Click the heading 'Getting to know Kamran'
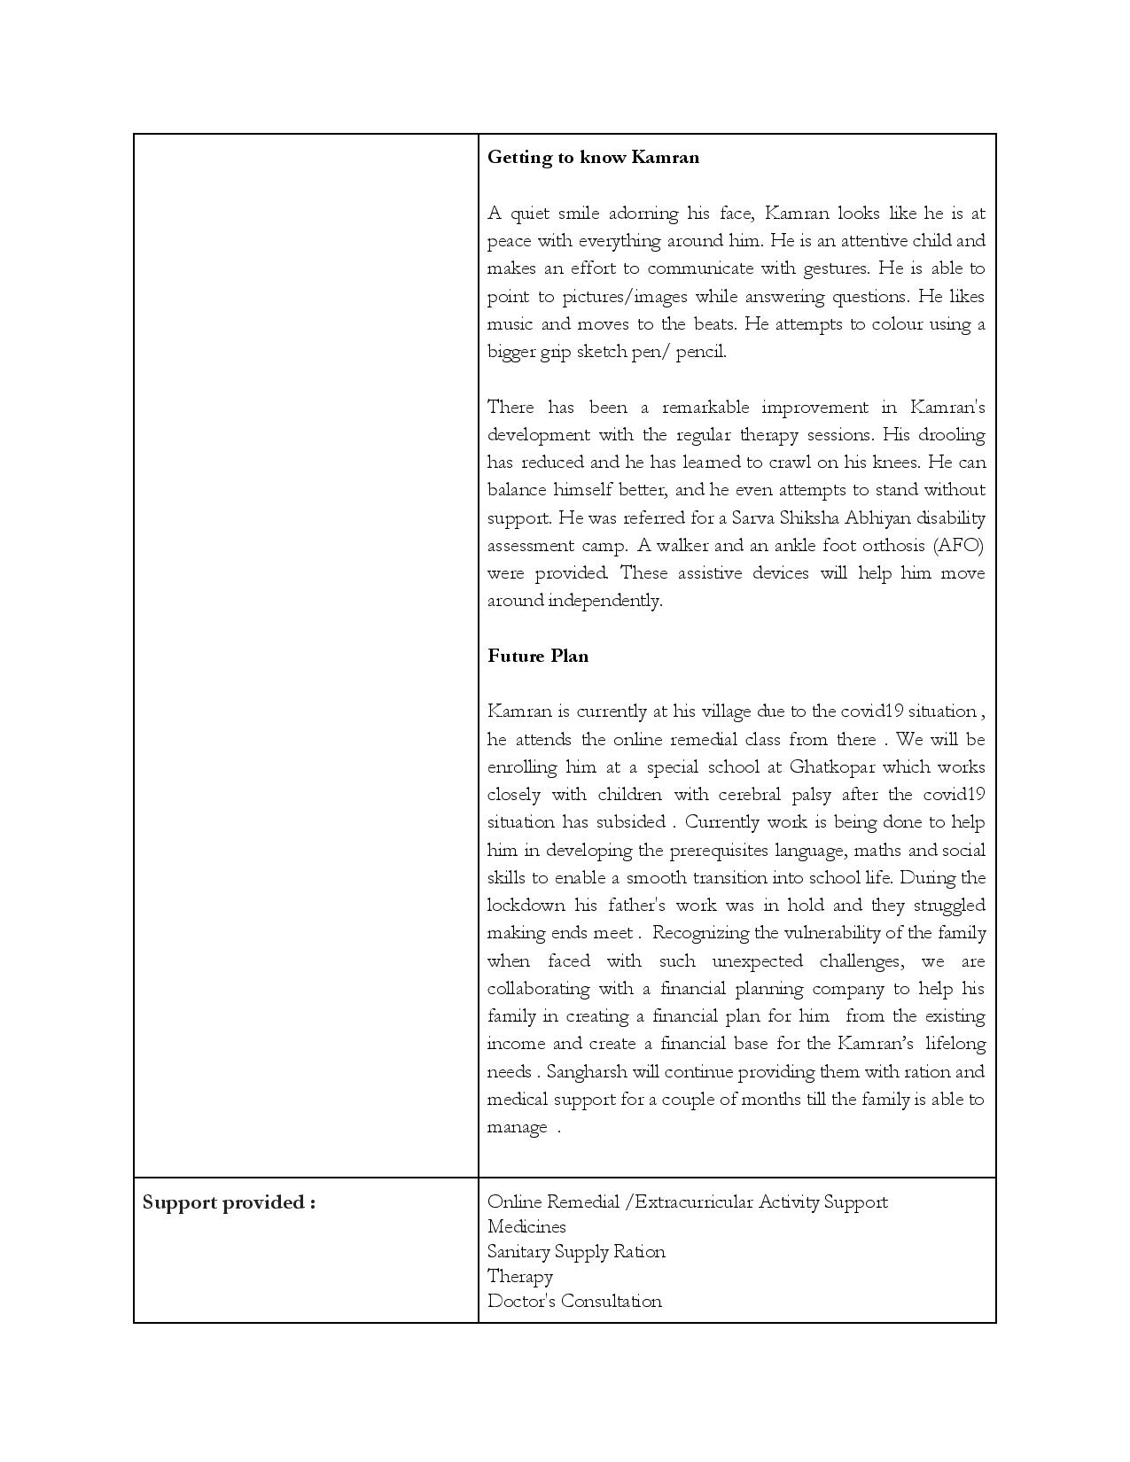593,158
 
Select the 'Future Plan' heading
538,657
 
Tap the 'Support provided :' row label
229,1202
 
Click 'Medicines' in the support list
526,1227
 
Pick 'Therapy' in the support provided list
520,1277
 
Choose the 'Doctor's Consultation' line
574,1302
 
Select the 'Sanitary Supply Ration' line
576,1252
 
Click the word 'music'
510,324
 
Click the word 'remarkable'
705,408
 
